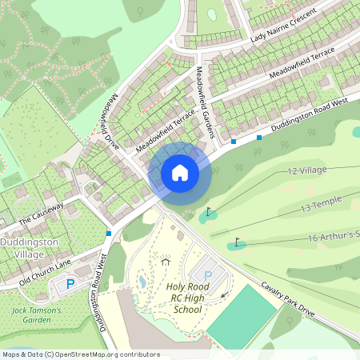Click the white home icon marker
pyautogui.click(x=180, y=172)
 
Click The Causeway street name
pyautogui.click(x=40, y=215)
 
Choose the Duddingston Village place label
pyautogui.click(x=27, y=247)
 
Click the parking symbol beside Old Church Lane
pyautogui.click(x=70, y=284)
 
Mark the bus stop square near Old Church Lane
pyautogui.click(x=109, y=233)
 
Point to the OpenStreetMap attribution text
pyautogui.click(x=81, y=354)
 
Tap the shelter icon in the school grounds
pyautogui.click(x=165, y=261)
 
